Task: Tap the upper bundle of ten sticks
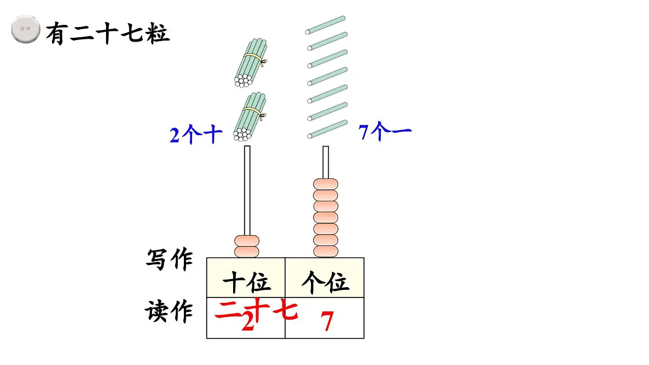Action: [250, 62]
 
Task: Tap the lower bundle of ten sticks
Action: [250, 117]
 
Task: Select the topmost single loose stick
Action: [326, 25]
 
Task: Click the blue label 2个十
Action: [196, 135]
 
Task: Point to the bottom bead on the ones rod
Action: [326, 251]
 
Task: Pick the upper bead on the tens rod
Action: [247, 241]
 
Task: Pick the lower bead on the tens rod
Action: [247, 251]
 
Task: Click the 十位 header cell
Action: [246, 282]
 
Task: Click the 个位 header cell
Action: [325, 282]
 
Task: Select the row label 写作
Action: [169, 259]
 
